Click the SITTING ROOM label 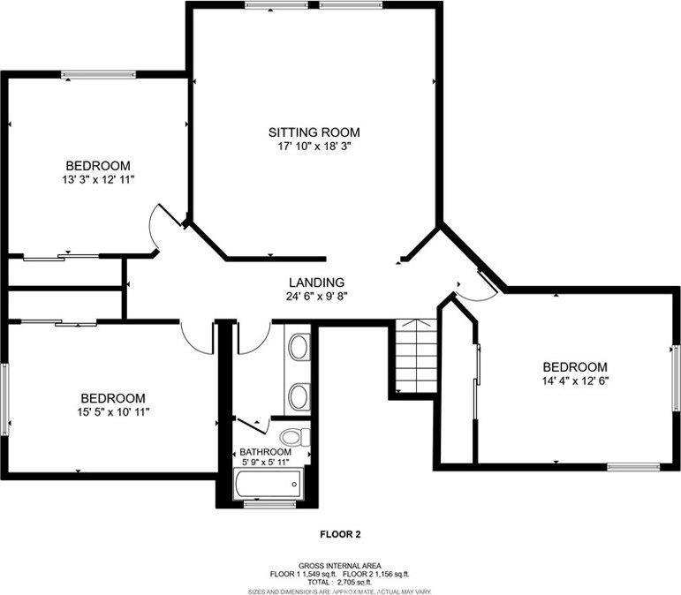point(314,132)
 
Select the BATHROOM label point(265,452)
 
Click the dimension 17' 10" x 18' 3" point(314,147)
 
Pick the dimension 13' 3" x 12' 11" point(98,179)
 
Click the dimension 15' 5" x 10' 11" point(113,411)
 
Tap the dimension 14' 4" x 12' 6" point(575,381)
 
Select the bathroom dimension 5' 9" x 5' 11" point(265,463)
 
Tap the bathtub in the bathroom point(269,484)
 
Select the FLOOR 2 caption point(340,534)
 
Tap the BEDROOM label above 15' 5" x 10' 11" point(113,398)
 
